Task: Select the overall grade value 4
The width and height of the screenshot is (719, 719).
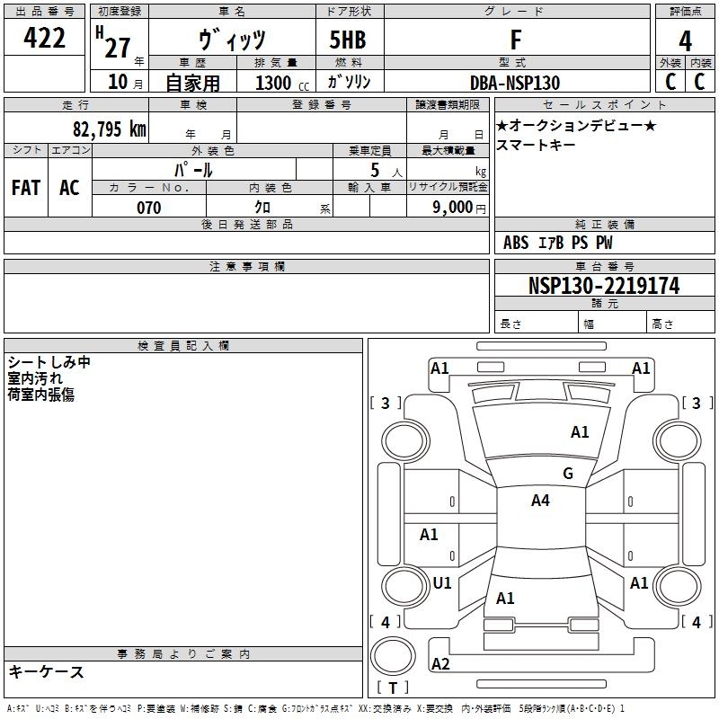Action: pyautogui.click(x=685, y=40)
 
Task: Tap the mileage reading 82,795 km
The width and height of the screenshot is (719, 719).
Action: pyautogui.click(x=109, y=129)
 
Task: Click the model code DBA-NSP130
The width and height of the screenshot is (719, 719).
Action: pyautogui.click(x=515, y=83)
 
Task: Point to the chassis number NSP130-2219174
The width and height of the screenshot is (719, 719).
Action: pyautogui.click(x=603, y=286)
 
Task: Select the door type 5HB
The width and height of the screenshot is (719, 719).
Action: pyautogui.click(x=348, y=40)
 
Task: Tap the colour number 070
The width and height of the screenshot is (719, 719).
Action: pyautogui.click(x=148, y=208)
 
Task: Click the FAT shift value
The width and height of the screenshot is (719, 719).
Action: pyautogui.click(x=25, y=187)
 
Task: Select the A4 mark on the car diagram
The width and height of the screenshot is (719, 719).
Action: pyautogui.click(x=539, y=501)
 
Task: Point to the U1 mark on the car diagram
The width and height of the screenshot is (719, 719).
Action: pyautogui.click(x=441, y=583)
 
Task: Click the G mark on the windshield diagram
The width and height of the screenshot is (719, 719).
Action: pyautogui.click(x=567, y=474)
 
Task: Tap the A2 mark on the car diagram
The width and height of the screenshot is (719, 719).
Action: pyautogui.click(x=440, y=664)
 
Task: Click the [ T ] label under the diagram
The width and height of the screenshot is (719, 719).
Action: pyautogui.click(x=393, y=688)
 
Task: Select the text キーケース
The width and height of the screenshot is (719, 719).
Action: pyautogui.click(x=47, y=671)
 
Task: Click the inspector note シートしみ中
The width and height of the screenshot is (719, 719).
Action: pyautogui.click(x=49, y=362)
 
